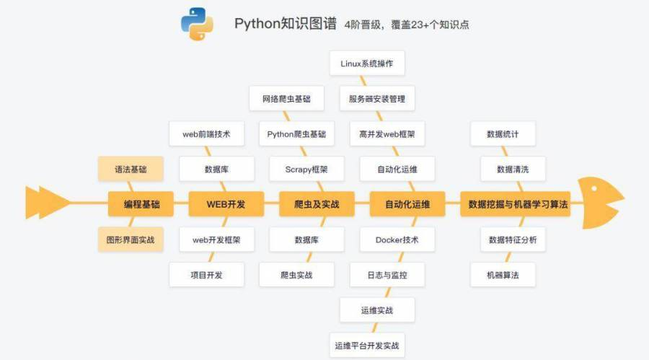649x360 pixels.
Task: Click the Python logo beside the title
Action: (x=197, y=24)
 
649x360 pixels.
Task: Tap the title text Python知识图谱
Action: (x=285, y=24)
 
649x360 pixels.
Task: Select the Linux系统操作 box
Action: (x=367, y=63)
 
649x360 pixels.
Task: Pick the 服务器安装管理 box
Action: (x=376, y=99)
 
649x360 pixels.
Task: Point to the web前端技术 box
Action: (x=206, y=134)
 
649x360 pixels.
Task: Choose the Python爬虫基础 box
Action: (x=296, y=134)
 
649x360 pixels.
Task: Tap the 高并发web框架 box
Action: (x=387, y=134)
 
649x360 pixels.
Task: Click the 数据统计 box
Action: (x=503, y=134)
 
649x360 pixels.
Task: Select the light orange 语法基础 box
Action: (x=131, y=170)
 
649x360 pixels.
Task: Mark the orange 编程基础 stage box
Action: (x=142, y=204)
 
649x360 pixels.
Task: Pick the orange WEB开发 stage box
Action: (x=226, y=204)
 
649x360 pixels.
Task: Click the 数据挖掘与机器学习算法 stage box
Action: (x=518, y=204)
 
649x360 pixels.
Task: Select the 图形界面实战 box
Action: (x=131, y=240)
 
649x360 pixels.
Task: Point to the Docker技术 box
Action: (x=397, y=240)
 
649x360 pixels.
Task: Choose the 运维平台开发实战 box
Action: (x=366, y=346)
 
